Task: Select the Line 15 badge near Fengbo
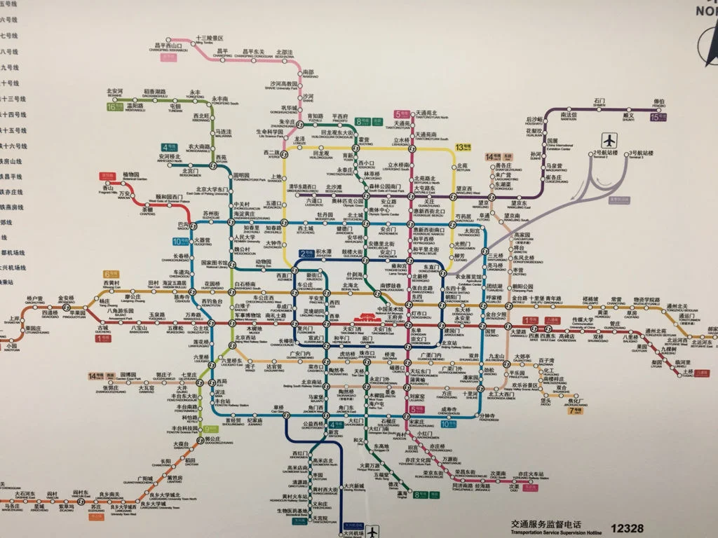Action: (x=658, y=117)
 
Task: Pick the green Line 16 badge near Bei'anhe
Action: (x=113, y=106)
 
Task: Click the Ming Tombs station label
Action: (x=209, y=40)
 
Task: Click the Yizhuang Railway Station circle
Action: (x=538, y=483)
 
